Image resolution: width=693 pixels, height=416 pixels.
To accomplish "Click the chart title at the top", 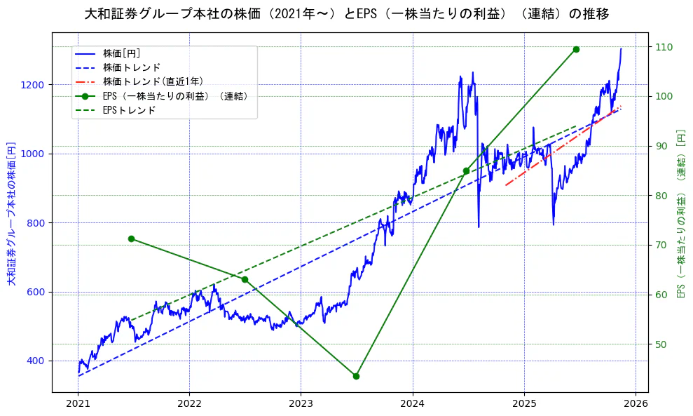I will (x=346, y=14).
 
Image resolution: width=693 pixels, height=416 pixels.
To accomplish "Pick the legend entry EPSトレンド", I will (x=129, y=110).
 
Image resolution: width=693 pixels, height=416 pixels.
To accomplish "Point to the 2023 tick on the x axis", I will (x=301, y=404).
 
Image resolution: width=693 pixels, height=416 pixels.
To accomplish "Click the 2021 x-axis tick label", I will (x=78, y=404).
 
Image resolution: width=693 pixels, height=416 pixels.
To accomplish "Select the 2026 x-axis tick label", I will (x=636, y=404).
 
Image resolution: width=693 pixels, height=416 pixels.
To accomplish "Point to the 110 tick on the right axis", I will (x=663, y=47).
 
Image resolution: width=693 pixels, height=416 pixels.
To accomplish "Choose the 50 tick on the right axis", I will (x=661, y=344).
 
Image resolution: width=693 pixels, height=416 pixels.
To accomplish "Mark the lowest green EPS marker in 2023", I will (x=356, y=376).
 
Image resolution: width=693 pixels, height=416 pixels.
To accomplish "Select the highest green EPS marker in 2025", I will (x=576, y=49).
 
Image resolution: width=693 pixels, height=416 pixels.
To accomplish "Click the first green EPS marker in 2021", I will (x=131, y=239).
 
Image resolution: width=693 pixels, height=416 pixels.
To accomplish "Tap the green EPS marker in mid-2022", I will (x=245, y=279).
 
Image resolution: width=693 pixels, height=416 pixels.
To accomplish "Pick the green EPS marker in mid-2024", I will (x=466, y=170).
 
